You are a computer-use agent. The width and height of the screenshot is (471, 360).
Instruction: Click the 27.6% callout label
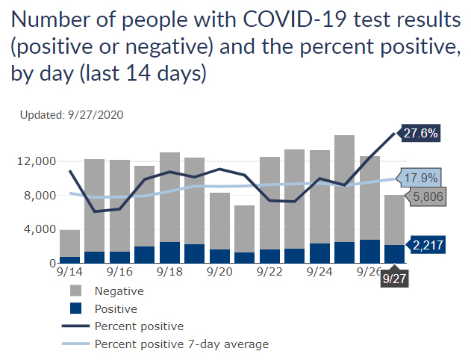420,134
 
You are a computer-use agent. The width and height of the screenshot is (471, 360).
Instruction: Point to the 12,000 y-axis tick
34,161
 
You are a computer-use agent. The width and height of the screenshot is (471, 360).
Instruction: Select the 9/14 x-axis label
69,273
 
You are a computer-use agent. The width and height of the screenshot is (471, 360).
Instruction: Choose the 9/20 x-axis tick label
219,273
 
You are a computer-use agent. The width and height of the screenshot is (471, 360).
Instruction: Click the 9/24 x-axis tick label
319,273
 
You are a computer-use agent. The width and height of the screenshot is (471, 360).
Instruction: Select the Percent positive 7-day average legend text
181,344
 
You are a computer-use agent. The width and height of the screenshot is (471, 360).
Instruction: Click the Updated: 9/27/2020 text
72,115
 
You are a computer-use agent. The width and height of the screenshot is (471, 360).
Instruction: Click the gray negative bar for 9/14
69,243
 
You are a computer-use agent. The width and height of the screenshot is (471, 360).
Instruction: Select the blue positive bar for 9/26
369,252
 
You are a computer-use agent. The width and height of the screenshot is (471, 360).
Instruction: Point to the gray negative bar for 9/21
244,229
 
